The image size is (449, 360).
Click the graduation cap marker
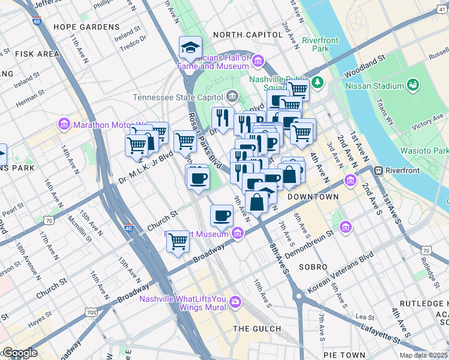[190, 47]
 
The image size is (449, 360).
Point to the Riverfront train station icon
[379, 171]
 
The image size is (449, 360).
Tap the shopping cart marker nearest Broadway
[178, 242]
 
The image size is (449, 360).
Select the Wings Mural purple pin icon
[235, 301]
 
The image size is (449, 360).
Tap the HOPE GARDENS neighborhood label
[86, 27]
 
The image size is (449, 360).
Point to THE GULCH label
[257, 329]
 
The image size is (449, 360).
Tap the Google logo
[20, 353]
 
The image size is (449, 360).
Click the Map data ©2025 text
[423, 355]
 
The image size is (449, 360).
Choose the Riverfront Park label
[316, 44]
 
